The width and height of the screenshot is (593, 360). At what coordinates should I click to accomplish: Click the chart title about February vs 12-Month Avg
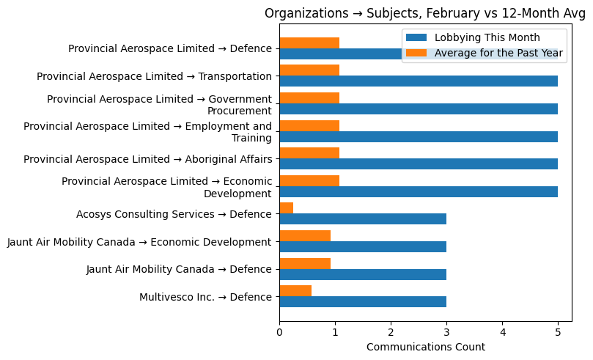click(425, 13)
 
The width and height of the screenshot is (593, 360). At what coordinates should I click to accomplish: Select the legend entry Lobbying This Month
click(487, 38)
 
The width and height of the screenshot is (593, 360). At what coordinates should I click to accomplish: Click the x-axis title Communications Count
click(425, 347)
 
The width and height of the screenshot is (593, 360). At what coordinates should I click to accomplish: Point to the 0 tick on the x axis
click(279, 331)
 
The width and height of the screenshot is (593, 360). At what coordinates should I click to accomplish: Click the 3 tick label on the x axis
click(446, 331)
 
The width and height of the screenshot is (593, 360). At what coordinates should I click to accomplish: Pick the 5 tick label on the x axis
click(558, 331)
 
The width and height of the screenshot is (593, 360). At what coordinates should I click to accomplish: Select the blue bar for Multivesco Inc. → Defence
click(363, 302)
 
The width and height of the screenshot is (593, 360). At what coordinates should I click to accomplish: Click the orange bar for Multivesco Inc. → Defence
click(295, 291)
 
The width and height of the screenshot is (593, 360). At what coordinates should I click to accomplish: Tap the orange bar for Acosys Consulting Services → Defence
click(287, 208)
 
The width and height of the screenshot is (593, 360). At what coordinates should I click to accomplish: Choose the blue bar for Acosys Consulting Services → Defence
click(363, 219)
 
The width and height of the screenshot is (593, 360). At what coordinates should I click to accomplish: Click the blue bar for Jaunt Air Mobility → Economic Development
click(363, 247)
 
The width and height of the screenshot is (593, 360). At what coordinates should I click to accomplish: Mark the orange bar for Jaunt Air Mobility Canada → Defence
click(305, 263)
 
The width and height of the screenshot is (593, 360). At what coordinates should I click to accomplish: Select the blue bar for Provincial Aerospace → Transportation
click(419, 81)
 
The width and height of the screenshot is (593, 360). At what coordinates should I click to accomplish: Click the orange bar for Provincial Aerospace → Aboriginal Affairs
click(309, 153)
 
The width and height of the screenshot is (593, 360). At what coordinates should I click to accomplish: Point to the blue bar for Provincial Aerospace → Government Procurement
click(419, 109)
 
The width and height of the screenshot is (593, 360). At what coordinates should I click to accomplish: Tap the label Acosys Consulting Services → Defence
click(174, 214)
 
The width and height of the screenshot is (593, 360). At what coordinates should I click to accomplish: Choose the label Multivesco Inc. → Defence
click(205, 297)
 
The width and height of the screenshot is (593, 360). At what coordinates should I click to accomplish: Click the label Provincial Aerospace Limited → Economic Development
click(167, 187)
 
